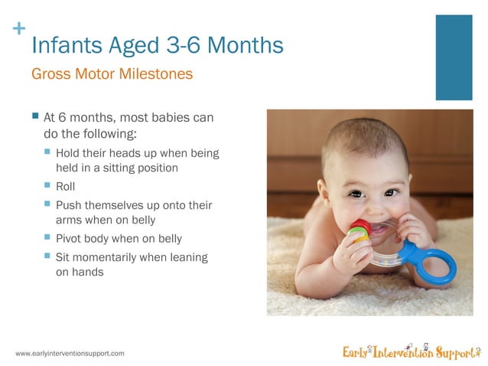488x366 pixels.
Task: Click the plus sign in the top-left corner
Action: [19, 29]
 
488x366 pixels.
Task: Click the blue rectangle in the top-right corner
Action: [454, 57]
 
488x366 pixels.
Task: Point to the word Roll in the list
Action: [66, 186]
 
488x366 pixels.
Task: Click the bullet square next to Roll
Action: [47, 185]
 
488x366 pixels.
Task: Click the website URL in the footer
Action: [70, 353]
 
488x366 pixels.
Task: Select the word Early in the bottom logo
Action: [356, 352]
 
